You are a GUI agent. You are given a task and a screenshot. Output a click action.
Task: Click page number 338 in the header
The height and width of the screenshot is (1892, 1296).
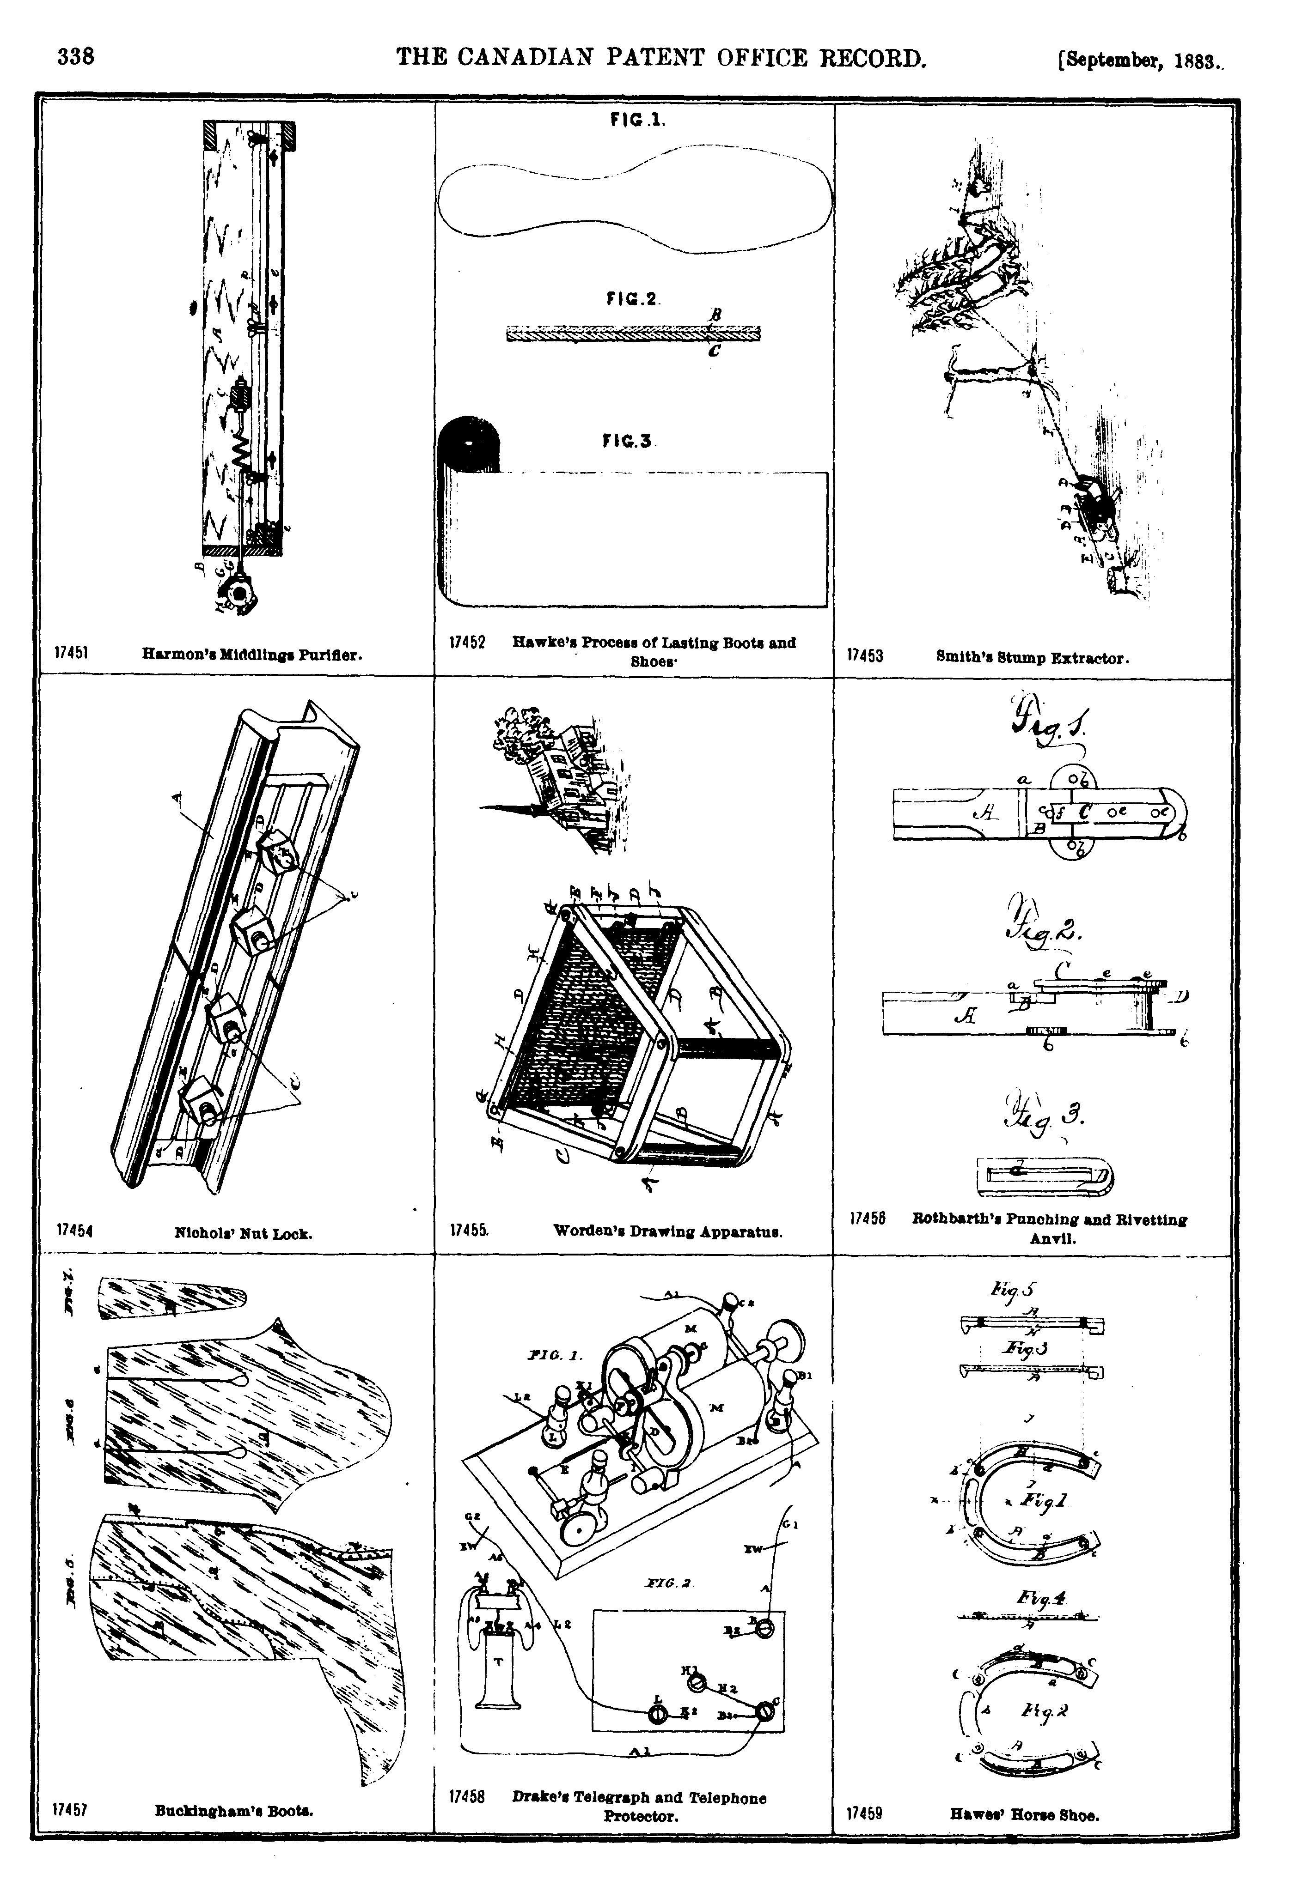(76, 57)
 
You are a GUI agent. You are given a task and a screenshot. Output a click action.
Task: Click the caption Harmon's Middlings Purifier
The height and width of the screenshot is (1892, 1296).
(252, 654)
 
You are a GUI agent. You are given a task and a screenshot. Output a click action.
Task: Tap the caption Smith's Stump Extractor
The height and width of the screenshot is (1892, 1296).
(1032, 657)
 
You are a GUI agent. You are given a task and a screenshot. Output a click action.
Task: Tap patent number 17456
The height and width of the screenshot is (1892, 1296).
(867, 1219)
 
